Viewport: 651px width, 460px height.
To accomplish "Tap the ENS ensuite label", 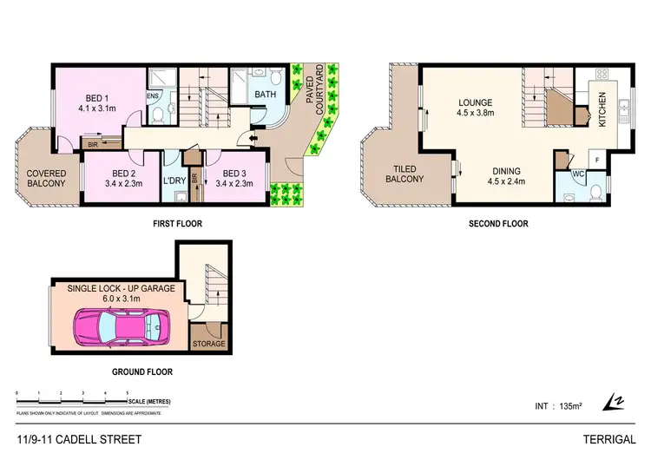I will (x=153, y=96).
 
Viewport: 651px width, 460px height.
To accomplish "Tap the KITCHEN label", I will (x=605, y=110).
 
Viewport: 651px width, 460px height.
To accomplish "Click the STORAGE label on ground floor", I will (x=208, y=344).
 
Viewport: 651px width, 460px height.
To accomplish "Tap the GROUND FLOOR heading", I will (x=143, y=371).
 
